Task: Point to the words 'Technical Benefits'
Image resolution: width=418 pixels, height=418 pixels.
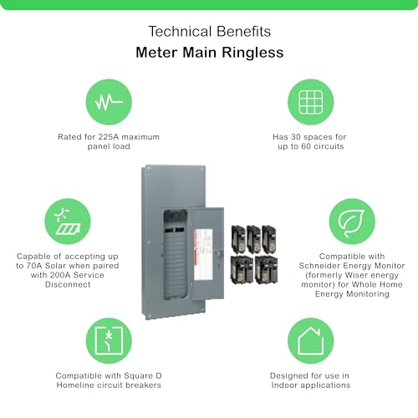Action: (208, 31)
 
